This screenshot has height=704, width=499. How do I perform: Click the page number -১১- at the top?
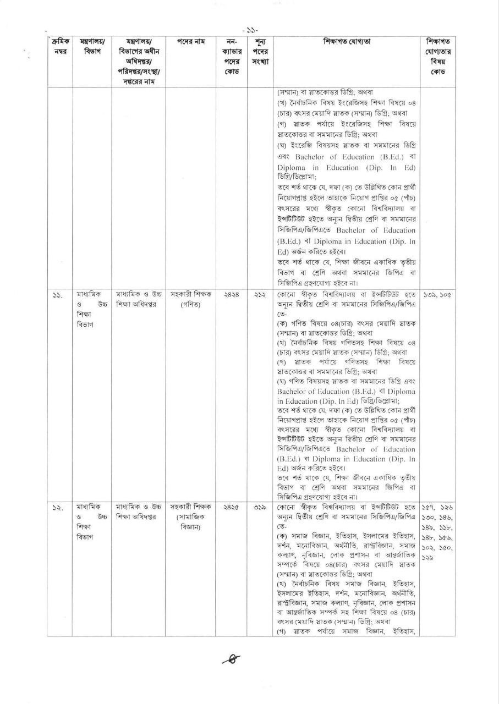click(x=249, y=30)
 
